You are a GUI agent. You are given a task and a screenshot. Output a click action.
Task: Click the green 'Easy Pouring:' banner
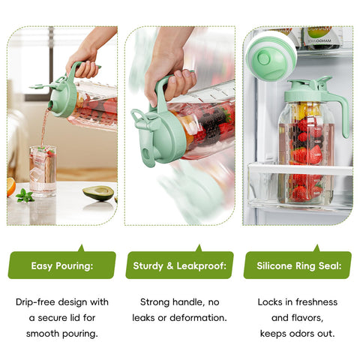pos(61,265)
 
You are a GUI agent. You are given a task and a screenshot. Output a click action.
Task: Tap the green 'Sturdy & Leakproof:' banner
pos(179,265)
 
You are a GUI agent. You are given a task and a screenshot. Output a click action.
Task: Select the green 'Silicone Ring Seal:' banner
pos(298,265)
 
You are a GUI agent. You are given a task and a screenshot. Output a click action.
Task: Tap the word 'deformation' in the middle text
pos(199,318)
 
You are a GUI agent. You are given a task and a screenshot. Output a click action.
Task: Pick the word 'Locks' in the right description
pos(271,302)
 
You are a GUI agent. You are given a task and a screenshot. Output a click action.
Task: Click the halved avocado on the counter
pos(98,193)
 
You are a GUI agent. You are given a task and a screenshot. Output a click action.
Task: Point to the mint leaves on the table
pos(25,196)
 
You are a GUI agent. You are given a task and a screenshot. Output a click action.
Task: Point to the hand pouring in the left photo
pos(84,66)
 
